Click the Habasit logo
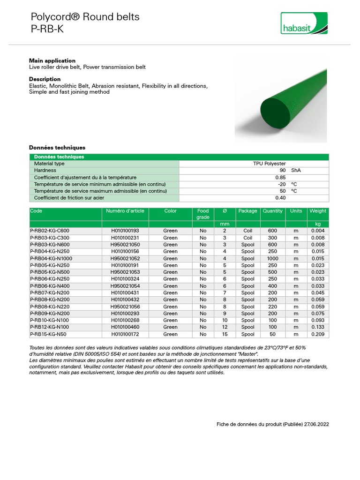pyautogui.click(x=304, y=23)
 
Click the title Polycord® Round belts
pyautogui.click(x=85, y=17)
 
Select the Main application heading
pyautogui.click(x=52, y=60)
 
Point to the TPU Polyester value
pyautogui.click(x=269, y=164)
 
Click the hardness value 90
pyautogui.click(x=282, y=171)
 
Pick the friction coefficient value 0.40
pyautogui.click(x=280, y=198)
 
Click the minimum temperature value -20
pyautogui.click(x=281, y=184)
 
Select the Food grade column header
pyautogui.click(x=203, y=214)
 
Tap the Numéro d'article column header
pyautogui.click(x=125, y=211)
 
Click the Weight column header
pyautogui.click(x=317, y=211)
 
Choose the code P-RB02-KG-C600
pyautogui.click(x=49, y=231)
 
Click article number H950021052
pyautogui.click(x=125, y=258)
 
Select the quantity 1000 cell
pyautogui.click(x=272, y=258)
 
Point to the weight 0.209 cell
pyautogui.click(x=317, y=334)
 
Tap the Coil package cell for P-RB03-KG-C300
pyautogui.click(x=247, y=238)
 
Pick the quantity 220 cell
pyautogui.click(x=272, y=307)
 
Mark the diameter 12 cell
pyautogui.click(x=225, y=327)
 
